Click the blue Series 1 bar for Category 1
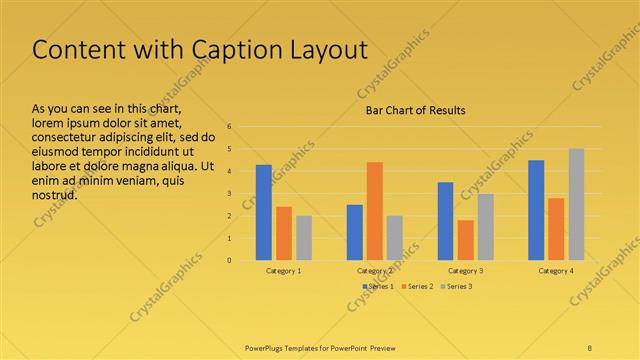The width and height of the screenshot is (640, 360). coord(264,212)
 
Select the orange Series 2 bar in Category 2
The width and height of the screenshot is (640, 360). coord(374,211)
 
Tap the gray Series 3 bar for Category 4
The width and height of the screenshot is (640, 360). coord(576,204)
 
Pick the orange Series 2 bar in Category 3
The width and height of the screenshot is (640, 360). coord(465,240)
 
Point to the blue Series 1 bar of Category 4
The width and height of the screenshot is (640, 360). coord(536,210)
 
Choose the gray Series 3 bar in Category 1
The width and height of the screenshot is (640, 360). coord(304,238)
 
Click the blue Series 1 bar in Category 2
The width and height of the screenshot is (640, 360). coord(355,232)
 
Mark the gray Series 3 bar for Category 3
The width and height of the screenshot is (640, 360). coord(485,227)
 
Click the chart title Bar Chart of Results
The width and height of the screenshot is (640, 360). coord(415,110)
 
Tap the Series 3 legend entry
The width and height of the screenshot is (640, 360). coord(458,287)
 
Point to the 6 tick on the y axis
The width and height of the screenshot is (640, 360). coord(230,127)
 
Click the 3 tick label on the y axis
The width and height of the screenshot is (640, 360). coord(230,194)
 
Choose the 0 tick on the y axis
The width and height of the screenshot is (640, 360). coord(230,261)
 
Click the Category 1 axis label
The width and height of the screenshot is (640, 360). coord(284,271)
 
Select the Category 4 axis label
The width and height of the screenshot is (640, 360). coord(556,271)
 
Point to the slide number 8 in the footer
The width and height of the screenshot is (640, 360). coord(590,347)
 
